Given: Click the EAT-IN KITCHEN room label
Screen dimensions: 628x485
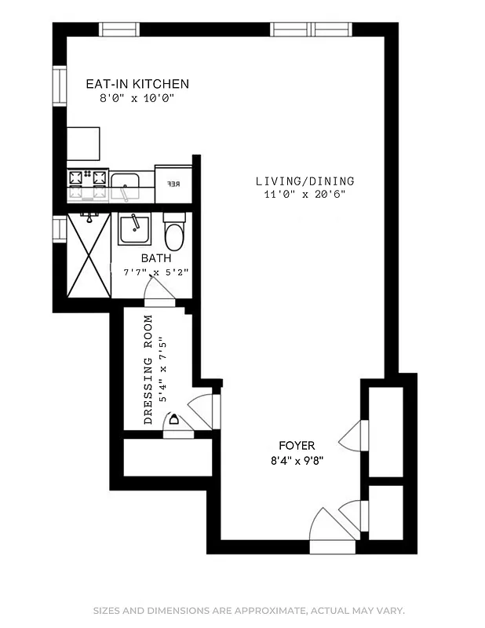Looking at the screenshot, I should pyautogui.click(x=137, y=84).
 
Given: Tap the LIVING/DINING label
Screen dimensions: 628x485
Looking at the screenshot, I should pyautogui.click(x=304, y=181).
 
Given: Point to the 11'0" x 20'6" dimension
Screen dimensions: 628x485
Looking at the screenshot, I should pyautogui.click(x=304, y=195).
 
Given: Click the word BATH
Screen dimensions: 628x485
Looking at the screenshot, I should pyautogui.click(x=155, y=257).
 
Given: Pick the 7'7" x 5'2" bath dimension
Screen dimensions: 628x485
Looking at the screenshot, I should pyautogui.click(x=155, y=272).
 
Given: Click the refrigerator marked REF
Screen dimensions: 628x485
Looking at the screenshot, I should pyautogui.click(x=173, y=185).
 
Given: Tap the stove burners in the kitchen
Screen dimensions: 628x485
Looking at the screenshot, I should pyautogui.click(x=87, y=185).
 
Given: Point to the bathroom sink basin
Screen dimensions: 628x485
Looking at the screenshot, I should pyautogui.click(x=136, y=230).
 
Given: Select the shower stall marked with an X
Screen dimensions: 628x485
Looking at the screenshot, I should pyautogui.click(x=88, y=254).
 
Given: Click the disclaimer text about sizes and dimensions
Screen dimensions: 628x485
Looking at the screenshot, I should pyautogui.click(x=249, y=611).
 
